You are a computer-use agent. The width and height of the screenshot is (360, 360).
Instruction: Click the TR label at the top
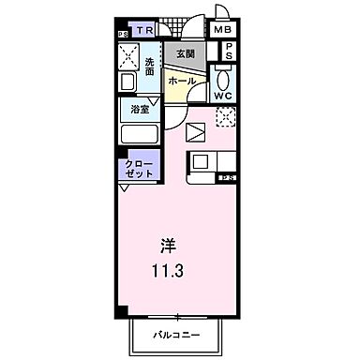[143, 31]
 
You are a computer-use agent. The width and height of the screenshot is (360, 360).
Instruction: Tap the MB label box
[222, 30]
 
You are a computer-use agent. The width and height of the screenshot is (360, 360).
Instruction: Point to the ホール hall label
[181, 82]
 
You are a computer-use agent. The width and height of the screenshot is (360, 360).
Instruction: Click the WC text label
[222, 94]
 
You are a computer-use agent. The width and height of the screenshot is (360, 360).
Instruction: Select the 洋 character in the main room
[167, 247]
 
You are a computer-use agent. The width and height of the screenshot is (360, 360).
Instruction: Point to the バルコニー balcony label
[175, 333]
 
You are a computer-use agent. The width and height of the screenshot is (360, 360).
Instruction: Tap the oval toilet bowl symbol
[222, 73]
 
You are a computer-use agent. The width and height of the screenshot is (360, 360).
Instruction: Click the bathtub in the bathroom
[139, 133]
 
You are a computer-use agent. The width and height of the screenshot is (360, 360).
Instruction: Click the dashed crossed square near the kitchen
[224, 117]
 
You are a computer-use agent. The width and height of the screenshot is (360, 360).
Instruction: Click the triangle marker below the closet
[123, 188]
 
